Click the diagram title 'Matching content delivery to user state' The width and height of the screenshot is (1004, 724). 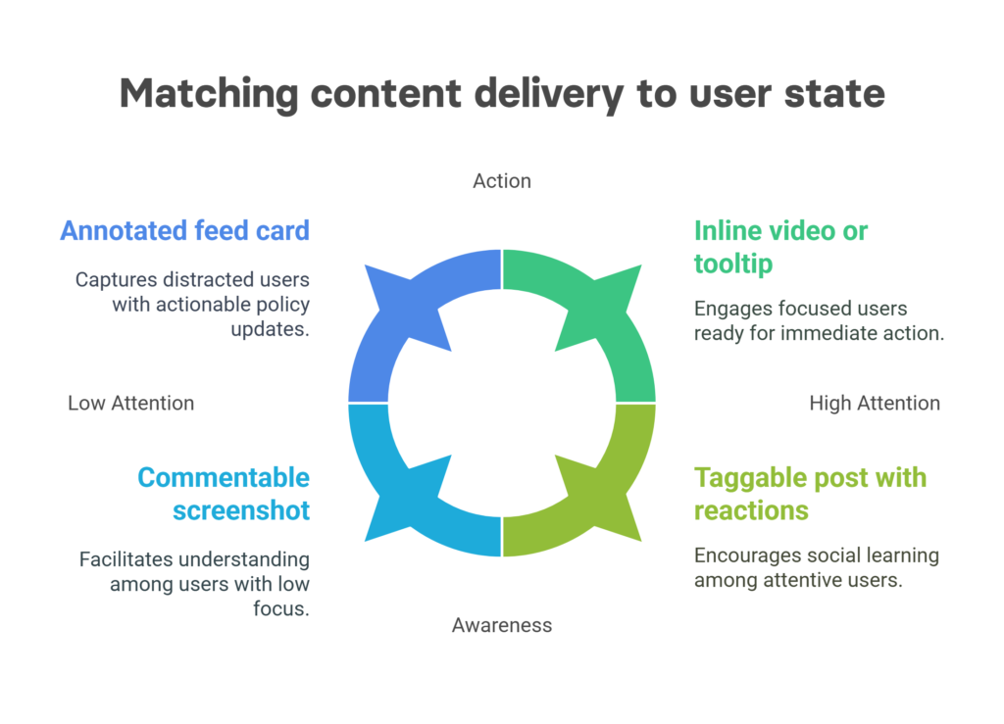click(502, 93)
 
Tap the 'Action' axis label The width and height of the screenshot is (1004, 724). click(502, 181)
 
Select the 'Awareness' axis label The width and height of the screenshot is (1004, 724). click(502, 625)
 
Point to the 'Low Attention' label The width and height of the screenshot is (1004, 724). click(131, 403)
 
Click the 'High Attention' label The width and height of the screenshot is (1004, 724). click(875, 403)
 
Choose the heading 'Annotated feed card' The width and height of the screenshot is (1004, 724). click(185, 230)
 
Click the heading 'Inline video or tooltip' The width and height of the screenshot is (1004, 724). click(780, 247)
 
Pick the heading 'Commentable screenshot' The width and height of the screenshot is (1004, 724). click(224, 494)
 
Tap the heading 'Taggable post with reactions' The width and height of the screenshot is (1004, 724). click(810, 494)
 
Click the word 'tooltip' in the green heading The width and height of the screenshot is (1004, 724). click(733, 264)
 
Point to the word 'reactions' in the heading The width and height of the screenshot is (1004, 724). click(751, 510)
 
